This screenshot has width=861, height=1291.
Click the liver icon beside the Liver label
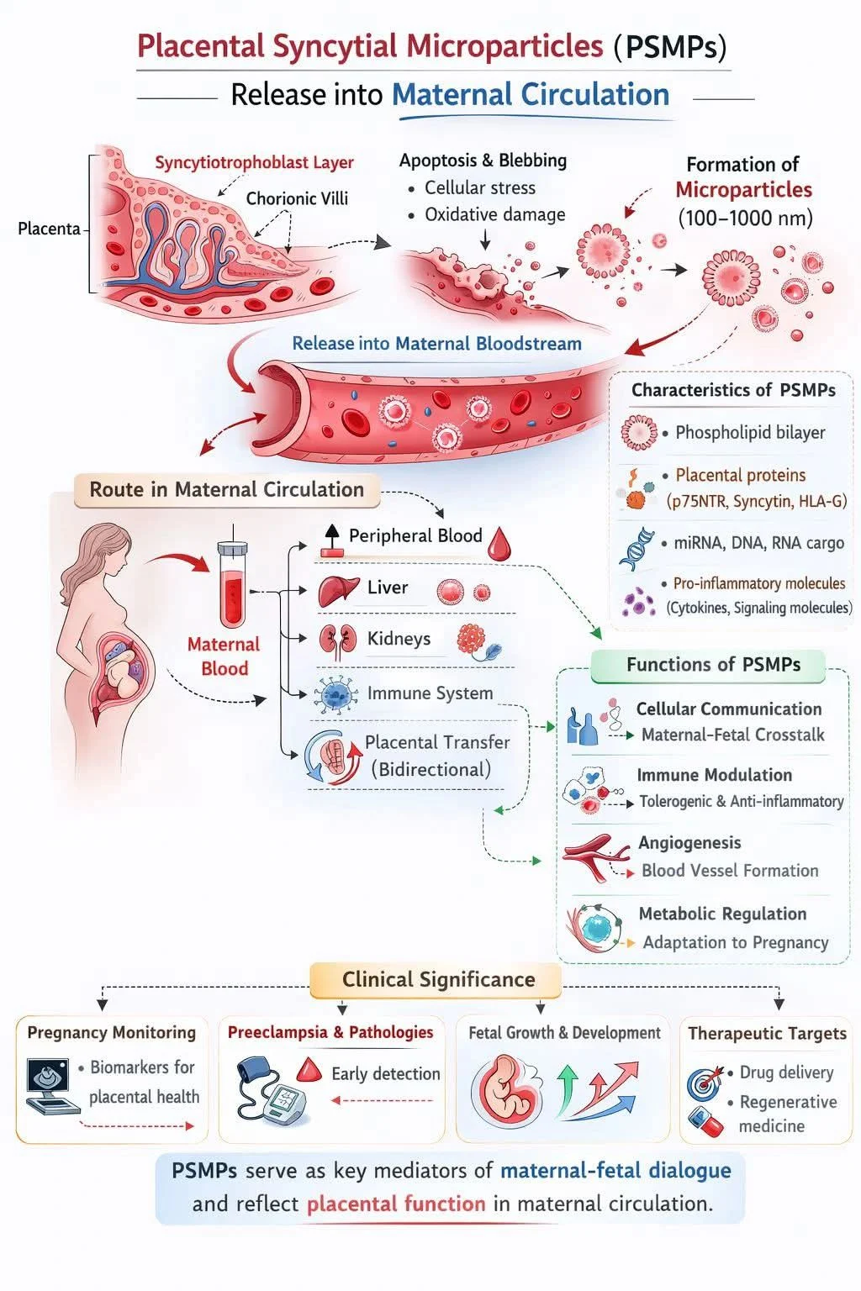coord(339,590)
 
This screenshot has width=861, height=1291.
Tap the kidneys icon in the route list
coord(337,641)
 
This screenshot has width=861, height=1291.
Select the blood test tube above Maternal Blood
coord(231,583)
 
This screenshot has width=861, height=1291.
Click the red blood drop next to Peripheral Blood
coord(499,543)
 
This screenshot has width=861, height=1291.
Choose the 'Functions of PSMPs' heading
coord(712,665)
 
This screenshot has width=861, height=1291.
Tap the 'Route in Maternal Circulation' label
coord(226,490)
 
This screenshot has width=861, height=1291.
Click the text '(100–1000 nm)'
coord(745,219)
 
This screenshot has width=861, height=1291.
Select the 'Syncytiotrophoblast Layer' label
coord(254,163)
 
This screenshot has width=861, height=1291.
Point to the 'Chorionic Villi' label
coord(296,199)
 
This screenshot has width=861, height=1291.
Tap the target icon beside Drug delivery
coord(705,1082)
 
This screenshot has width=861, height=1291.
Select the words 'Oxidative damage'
coord(494,215)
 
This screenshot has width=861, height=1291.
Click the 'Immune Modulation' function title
coord(714,775)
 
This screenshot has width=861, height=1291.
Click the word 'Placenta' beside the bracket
coord(49,229)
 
